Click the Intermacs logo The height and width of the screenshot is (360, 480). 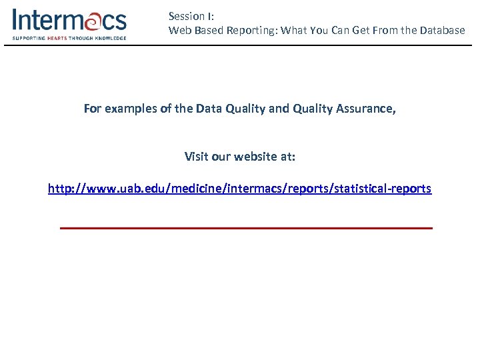(x=69, y=23)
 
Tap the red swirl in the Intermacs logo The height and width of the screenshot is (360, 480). (x=93, y=21)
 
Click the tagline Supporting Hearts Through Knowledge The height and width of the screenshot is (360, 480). (x=69, y=39)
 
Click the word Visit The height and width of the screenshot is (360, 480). (x=196, y=157)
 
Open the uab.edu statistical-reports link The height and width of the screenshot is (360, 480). (x=240, y=189)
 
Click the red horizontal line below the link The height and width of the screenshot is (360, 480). (x=246, y=228)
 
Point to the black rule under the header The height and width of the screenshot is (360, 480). (x=240, y=45)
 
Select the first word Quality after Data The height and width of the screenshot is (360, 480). (x=243, y=109)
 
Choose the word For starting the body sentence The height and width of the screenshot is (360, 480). (x=93, y=109)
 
